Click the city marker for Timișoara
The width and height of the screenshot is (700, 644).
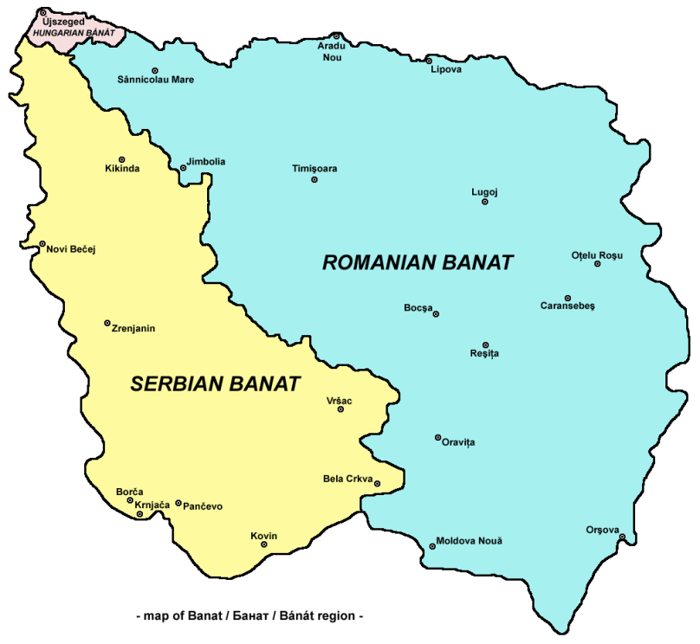coord(314,180)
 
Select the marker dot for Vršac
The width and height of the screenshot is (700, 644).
coord(340,409)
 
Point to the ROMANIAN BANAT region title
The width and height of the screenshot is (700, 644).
coord(418,262)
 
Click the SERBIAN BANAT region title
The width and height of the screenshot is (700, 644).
coord(215,384)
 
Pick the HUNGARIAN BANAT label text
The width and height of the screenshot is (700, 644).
coord(74,32)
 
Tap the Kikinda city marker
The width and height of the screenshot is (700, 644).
coord(122,159)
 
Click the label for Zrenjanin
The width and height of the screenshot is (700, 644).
coord(133,328)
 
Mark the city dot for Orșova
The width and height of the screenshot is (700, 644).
coord(622,538)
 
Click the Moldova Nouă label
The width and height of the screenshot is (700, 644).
coord(469,540)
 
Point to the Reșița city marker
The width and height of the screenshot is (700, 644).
coord(485,345)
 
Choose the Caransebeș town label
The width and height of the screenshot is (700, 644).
coord(567,306)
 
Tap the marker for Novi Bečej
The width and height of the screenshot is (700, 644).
coord(42,244)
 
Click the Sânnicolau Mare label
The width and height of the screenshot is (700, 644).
coord(155,80)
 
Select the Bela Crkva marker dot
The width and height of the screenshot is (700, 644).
coord(377,484)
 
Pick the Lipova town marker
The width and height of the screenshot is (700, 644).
coord(429,61)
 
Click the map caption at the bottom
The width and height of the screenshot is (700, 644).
coord(250,616)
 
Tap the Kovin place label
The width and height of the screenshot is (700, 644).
coord(263,536)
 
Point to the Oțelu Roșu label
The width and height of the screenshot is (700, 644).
coord(596,254)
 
